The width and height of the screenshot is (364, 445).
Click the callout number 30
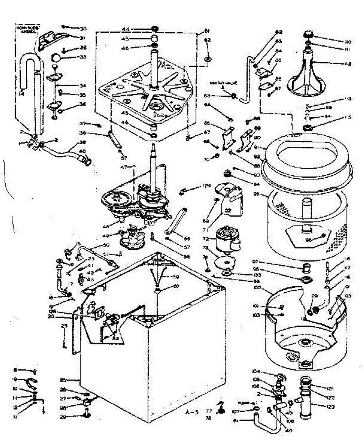(x=83, y=29)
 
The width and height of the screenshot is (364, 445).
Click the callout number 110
(x=338, y=42)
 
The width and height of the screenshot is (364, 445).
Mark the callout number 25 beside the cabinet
(x=63, y=380)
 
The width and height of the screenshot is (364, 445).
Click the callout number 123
(x=331, y=407)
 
